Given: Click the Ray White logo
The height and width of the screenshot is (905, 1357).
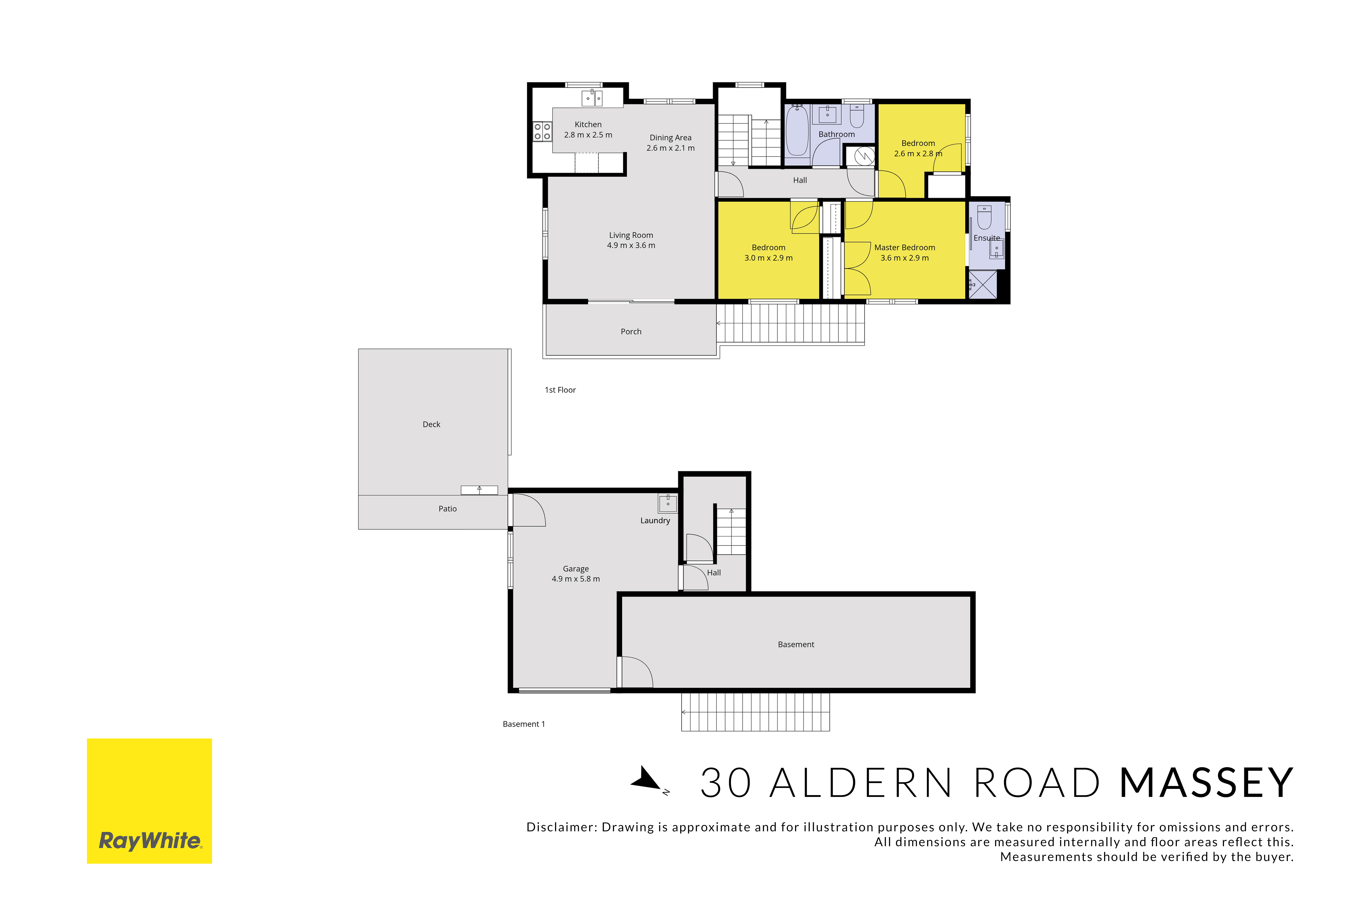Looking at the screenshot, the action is click(x=150, y=801).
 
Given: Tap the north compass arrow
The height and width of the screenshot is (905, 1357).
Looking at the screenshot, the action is click(x=647, y=779).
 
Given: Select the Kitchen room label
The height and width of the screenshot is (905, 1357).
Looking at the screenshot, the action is click(x=588, y=125).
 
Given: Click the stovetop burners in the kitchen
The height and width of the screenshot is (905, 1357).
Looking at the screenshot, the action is click(x=542, y=131).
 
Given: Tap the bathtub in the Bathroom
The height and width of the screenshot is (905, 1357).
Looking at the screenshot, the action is click(x=797, y=130).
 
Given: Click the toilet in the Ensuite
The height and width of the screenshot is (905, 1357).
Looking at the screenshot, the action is click(x=984, y=217).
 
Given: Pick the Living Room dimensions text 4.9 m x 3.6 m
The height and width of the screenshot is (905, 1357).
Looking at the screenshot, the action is click(x=631, y=245).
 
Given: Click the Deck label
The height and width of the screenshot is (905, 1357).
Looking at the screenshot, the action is click(x=432, y=424).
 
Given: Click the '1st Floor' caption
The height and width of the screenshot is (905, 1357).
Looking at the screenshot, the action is click(x=560, y=390).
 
